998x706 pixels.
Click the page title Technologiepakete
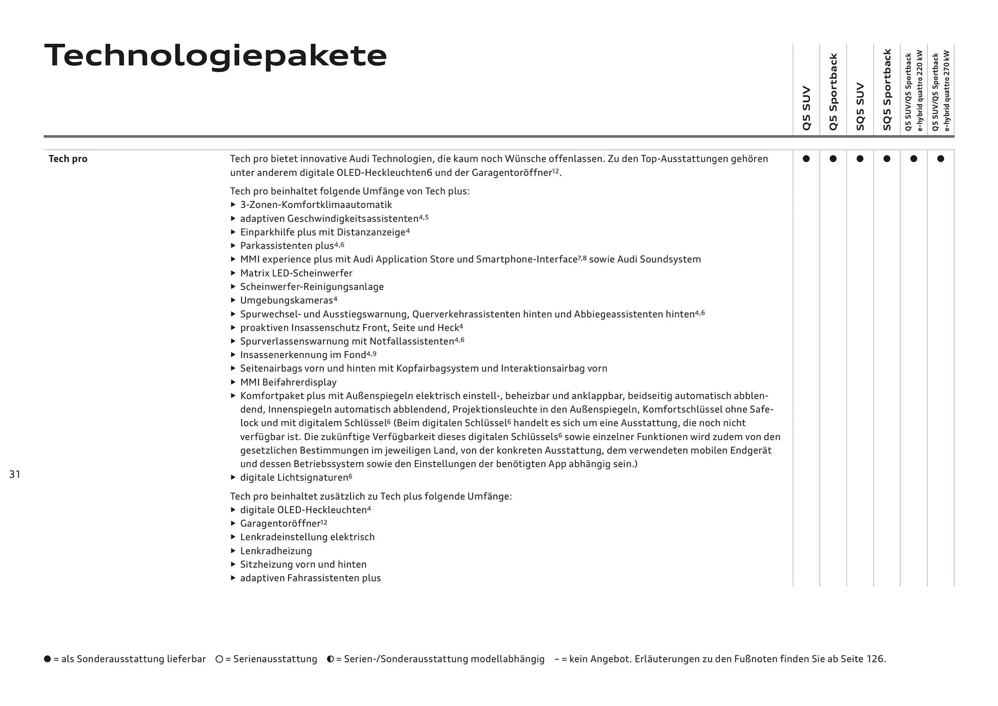(x=215, y=55)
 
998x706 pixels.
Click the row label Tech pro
(x=68, y=159)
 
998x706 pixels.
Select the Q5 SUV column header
(x=806, y=108)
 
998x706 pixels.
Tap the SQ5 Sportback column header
(x=887, y=89)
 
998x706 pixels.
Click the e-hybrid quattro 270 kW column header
(x=941, y=90)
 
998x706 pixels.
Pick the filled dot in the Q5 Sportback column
(x=833, y=159)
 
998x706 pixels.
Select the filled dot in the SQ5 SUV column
(x=860, y=159)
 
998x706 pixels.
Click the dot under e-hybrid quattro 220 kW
(x=914, y=159)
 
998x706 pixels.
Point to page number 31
(x=15, y=474)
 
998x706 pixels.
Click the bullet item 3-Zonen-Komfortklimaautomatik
(x=316, y=205)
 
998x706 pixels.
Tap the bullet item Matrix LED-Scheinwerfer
(x=296, y=273)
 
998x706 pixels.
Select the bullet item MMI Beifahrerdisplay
(x=288, y=382)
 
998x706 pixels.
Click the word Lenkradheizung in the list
(x=275, y=551)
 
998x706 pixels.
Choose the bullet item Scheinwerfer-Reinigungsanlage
(x=311, y=286)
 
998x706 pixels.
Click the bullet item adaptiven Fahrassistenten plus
(x=310, y=578)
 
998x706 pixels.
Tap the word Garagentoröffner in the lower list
(x=280, y=524)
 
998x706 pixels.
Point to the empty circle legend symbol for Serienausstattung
(x=219, y=659)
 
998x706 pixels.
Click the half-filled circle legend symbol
(x=330, y=659)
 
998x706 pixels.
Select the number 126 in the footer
(x=875, y=659)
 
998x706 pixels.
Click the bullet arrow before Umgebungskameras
(x=233, y=300)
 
